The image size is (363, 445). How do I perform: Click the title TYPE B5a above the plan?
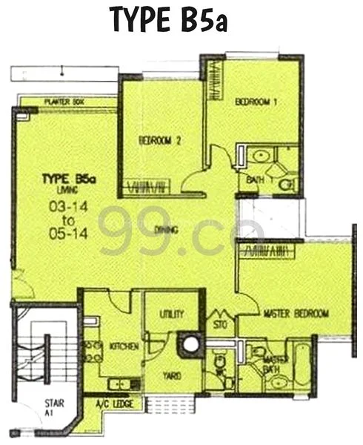click(x=168, y=20)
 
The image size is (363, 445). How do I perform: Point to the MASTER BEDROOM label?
click(x=296, y=314)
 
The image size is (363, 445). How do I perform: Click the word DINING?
click(x=167, y=231)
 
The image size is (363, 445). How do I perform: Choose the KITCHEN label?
click(x=121, y=346)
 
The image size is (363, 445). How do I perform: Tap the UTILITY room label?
click(x=171, y=314)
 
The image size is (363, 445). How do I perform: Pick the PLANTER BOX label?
click(x=62, y=103)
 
